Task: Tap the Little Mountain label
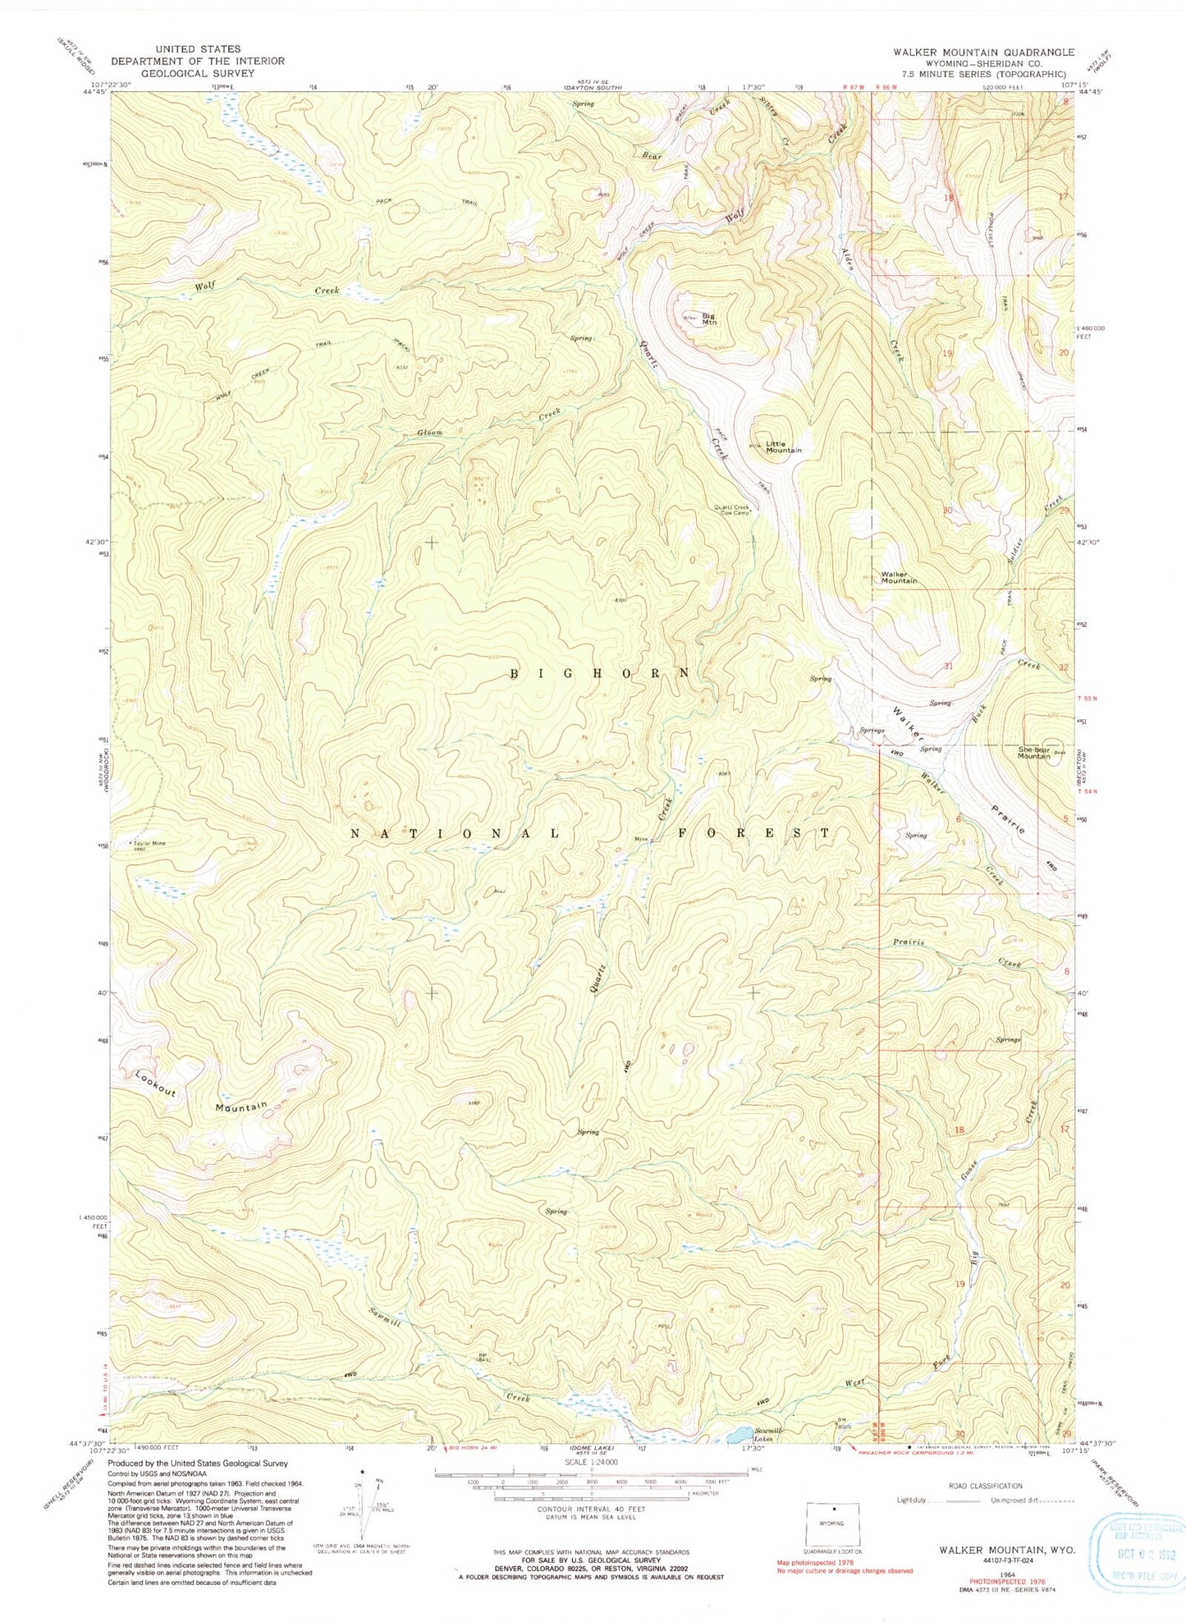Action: [783, 447]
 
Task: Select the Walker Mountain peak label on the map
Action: [899, 577]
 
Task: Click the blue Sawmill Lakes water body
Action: [737, 1435]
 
